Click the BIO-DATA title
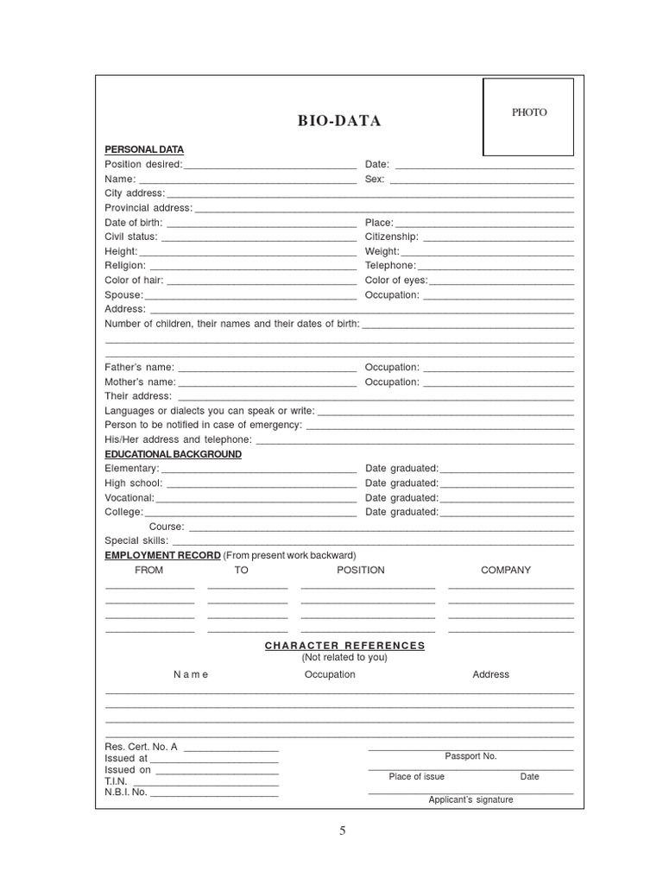click(x=338, y=121)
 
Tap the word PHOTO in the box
click(x=528, y=112)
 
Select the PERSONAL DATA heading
click(x=144, y=149)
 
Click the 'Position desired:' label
click(x=143, y=164)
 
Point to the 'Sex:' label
click(x=375, y=179)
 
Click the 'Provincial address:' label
click(x=148, y=208)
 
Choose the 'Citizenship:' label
click(x=392, y=237)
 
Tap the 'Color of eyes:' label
click(x=396, y=280)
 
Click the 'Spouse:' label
click(x=123, y=294)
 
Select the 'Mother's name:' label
click(x=141, y=382)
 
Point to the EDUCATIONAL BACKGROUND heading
click(x=173, y=454)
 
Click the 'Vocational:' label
click(x=129, y=497)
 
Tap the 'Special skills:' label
click(x=136, y=540)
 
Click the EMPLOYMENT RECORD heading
click(x=162, y=555)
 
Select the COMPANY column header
click(x=506, y=570)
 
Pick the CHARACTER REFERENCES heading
click(x=344, y=645)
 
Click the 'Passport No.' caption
click(x=470, y=755)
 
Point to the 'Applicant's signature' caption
click(x=470, y=799)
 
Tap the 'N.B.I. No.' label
click(x=126, y=792)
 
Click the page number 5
click(x=342, y=830)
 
